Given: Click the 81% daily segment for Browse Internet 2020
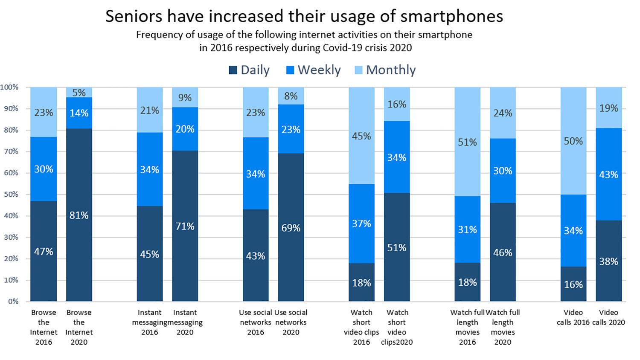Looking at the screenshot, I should pyautogui.click(x=79, y=215).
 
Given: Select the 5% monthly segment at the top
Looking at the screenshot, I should pyautogui.click(x=79, y=93).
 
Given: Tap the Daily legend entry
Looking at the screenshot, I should pyautogui.click(x=250, y=70).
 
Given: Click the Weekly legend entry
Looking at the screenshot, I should pyautogui.click(x=314, y=70).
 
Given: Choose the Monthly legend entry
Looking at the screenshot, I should pyautogui.click(x=385, y=70).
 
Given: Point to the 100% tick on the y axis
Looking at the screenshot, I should pyautogui.click(x=9, y=87).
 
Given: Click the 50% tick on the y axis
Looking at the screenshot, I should pyautogui.click(x=11, y=194).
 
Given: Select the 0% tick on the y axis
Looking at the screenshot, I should pyautogui.click(x=13, y=301).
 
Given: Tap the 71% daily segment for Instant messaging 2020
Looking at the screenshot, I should pyautogui.click(x=185, y=226).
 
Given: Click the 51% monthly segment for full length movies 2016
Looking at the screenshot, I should pyautogui.click(x=467, y=142).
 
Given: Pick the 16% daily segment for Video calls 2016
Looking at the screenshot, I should pyautogui.click(x=573, y=284).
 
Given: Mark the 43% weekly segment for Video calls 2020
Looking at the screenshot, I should pyautogui.click(x=608, y=174).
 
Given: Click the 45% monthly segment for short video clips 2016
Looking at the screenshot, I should pyautogui.click(x=361, y=136).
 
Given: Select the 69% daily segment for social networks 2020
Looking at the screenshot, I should pyautogui.click(x=291, y=228).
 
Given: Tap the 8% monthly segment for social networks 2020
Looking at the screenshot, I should pyautogui.click(x=291, y=96).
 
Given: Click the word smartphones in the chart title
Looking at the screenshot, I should pyautogui.click(x=451, y=16).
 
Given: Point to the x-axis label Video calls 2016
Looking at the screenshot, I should pyautogui.click(x=573, y=317).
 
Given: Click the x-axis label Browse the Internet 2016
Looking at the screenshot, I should pyautogui.click(x=44, y=327).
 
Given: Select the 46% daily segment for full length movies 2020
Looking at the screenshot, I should pyautogui.click(x=503, y=253).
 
